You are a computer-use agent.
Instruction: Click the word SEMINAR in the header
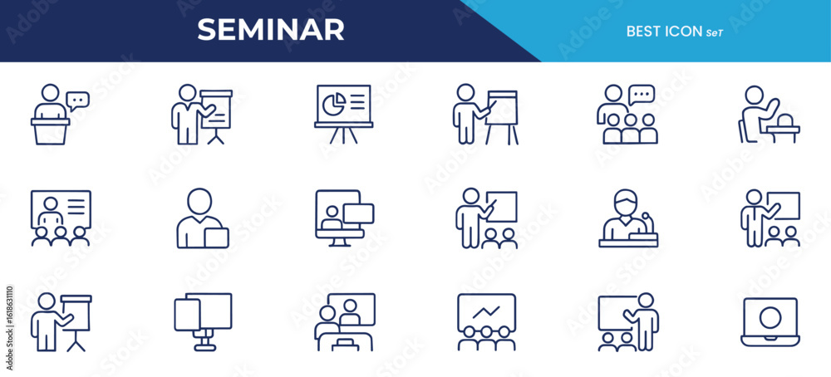pos(271,30)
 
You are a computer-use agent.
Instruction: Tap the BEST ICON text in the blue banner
pos(664,32)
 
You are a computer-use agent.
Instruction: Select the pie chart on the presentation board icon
pos(334,105)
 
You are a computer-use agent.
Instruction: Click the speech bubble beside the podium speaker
pos(77,100)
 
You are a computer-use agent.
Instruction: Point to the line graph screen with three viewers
pos(486,322)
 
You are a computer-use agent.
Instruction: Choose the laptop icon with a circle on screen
pos(770,322)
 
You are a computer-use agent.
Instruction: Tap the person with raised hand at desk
pos(770,115)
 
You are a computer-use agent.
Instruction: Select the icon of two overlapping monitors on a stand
pos(203,321)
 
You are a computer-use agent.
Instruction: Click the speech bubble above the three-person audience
pos(642,95)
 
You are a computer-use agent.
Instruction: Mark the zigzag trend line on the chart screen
pos(486,311)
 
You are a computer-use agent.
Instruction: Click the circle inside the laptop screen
pos(770,318)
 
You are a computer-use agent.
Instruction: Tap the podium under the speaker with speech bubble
pos(51,130)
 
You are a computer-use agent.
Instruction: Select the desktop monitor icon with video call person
pos(345,218)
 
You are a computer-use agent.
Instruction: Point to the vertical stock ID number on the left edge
pos(10,329)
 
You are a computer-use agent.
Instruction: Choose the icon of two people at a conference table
pos(345,322)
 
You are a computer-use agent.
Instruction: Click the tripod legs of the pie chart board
pos(343,135)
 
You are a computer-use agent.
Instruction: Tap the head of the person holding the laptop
pos(199,201)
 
